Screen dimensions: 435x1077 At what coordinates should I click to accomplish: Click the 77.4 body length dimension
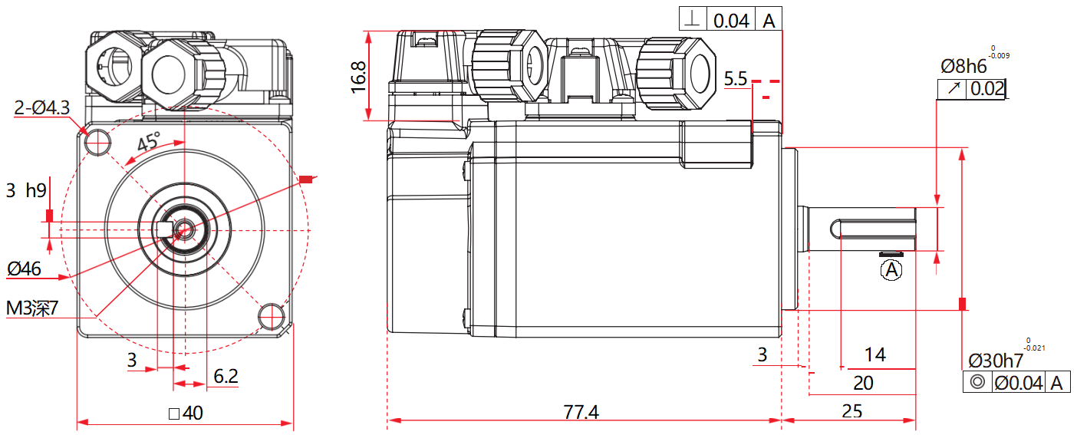(x=581, y=412)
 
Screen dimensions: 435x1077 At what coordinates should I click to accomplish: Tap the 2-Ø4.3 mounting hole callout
(x=42, y=108)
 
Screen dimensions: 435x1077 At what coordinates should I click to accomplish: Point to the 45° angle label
(x=149, y=142)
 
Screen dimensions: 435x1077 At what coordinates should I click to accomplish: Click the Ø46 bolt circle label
(x=24, y=269)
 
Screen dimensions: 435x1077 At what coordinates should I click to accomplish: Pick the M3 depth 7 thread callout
(x=32, y=308)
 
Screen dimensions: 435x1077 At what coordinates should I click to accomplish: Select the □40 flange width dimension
(x=186, y=414)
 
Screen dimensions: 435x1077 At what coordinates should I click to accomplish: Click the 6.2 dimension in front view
(x=226, y=376)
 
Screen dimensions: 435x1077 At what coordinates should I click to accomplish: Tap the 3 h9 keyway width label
(x=26, y=191)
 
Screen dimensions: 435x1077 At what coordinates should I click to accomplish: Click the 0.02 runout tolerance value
(x=986, y=89)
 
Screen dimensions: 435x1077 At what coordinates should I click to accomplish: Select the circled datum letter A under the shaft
(x=891, y=269)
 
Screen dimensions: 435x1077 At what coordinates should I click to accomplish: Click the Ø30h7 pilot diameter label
(x=995, y=360)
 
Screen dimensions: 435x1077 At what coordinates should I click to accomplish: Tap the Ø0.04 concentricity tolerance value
(x=1018, y=382)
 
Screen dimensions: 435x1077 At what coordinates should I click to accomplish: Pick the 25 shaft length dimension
(x=851, y=412)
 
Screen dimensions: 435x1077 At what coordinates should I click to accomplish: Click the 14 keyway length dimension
(x=874, y=354)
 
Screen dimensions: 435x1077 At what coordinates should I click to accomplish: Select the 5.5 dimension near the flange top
(x=735, y=79)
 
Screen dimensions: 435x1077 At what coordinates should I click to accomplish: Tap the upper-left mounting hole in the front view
(x=98, y=140)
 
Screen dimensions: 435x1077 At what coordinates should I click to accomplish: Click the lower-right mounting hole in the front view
(x=271, y=315)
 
